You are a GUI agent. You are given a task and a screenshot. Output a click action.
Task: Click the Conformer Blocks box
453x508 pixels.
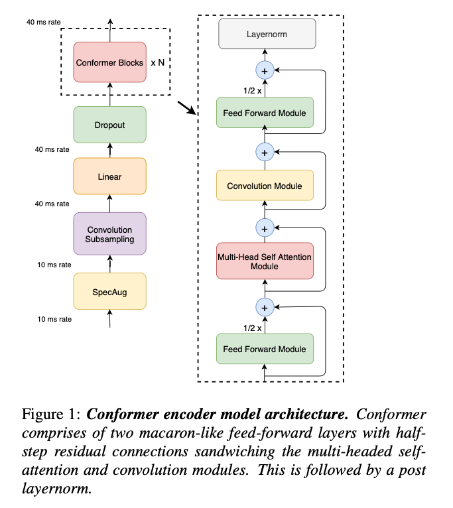109,62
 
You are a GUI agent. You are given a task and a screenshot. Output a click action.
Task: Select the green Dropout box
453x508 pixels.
109,125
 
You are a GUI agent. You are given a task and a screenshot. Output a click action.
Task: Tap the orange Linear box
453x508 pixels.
109,176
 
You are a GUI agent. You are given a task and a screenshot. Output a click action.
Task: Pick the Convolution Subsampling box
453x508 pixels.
109,234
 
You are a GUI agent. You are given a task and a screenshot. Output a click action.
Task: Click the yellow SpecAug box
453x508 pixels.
109,291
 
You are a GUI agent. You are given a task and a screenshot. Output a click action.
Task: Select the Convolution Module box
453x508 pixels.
264,186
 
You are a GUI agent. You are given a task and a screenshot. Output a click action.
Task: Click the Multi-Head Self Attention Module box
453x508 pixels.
264,261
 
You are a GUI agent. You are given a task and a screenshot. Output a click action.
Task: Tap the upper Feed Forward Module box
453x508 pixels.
264,113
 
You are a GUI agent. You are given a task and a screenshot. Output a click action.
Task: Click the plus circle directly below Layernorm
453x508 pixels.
264,70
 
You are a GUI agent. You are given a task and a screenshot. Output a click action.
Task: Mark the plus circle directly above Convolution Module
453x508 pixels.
264,153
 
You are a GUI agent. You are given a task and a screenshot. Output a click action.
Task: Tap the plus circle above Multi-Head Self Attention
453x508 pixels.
264,228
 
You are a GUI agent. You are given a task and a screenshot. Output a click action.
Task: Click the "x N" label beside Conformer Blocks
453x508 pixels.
158,63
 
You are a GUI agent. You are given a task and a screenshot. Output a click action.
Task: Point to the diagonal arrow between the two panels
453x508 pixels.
187,108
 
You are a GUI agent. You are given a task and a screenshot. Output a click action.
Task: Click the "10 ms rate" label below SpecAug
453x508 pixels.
54,319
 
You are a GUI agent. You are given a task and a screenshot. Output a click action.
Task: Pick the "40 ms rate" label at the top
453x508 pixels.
44,22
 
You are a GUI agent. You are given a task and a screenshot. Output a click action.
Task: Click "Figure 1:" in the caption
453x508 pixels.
52,415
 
